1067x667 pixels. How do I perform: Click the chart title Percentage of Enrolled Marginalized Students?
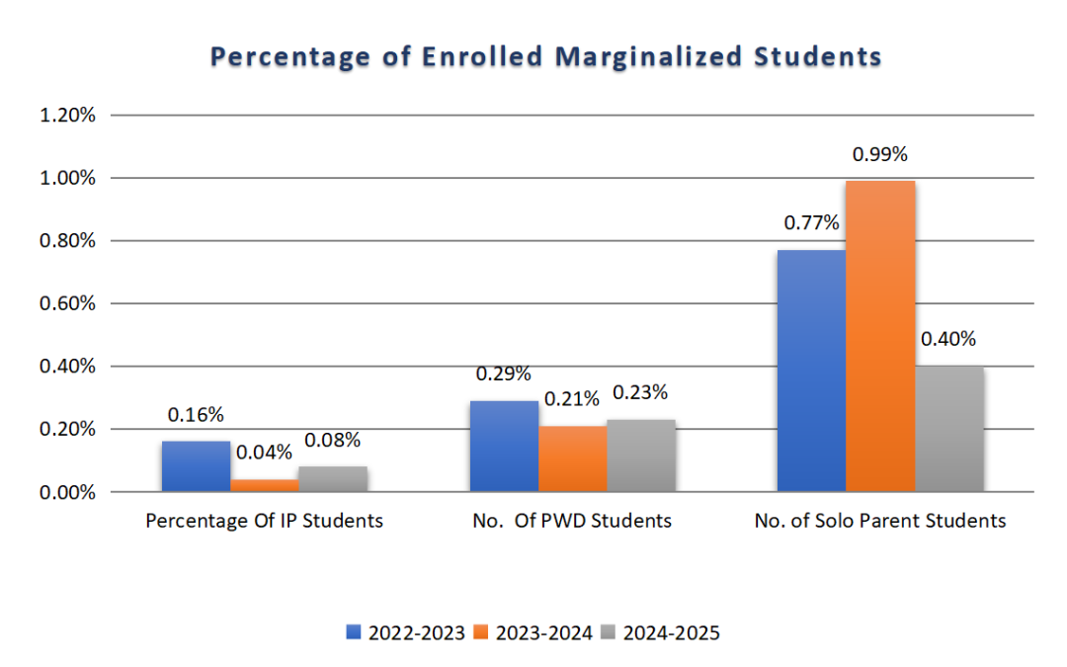coord(545,57)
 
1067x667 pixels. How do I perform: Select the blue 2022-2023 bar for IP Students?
coord(196,466)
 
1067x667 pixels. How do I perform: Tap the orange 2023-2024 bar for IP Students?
coord(264,485)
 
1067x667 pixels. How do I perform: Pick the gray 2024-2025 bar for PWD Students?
coord(641,456)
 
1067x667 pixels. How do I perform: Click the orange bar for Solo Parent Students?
coord(880,336)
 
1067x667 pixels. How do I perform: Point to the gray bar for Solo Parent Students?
coord(949,429)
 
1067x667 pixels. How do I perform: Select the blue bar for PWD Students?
coord(504,446)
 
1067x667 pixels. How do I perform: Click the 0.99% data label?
coord(880,155)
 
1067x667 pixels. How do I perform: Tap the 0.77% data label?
coord(811,223)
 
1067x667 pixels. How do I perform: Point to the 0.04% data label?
coord(265,453)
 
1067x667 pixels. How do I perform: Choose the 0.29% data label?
coord(504,375)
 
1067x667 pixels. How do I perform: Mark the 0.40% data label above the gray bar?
coord(948,340)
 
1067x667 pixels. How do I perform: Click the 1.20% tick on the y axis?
coord(67,116)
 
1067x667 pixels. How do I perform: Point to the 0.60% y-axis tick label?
coord(67,303)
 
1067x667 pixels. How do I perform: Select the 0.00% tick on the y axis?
coord(67,492)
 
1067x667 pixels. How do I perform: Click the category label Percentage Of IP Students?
coord(264,520)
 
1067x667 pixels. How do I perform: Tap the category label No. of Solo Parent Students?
coord(879,520)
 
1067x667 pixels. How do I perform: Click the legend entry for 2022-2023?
coord(406,633)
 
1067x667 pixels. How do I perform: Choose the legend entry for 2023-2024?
coord(534,633)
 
